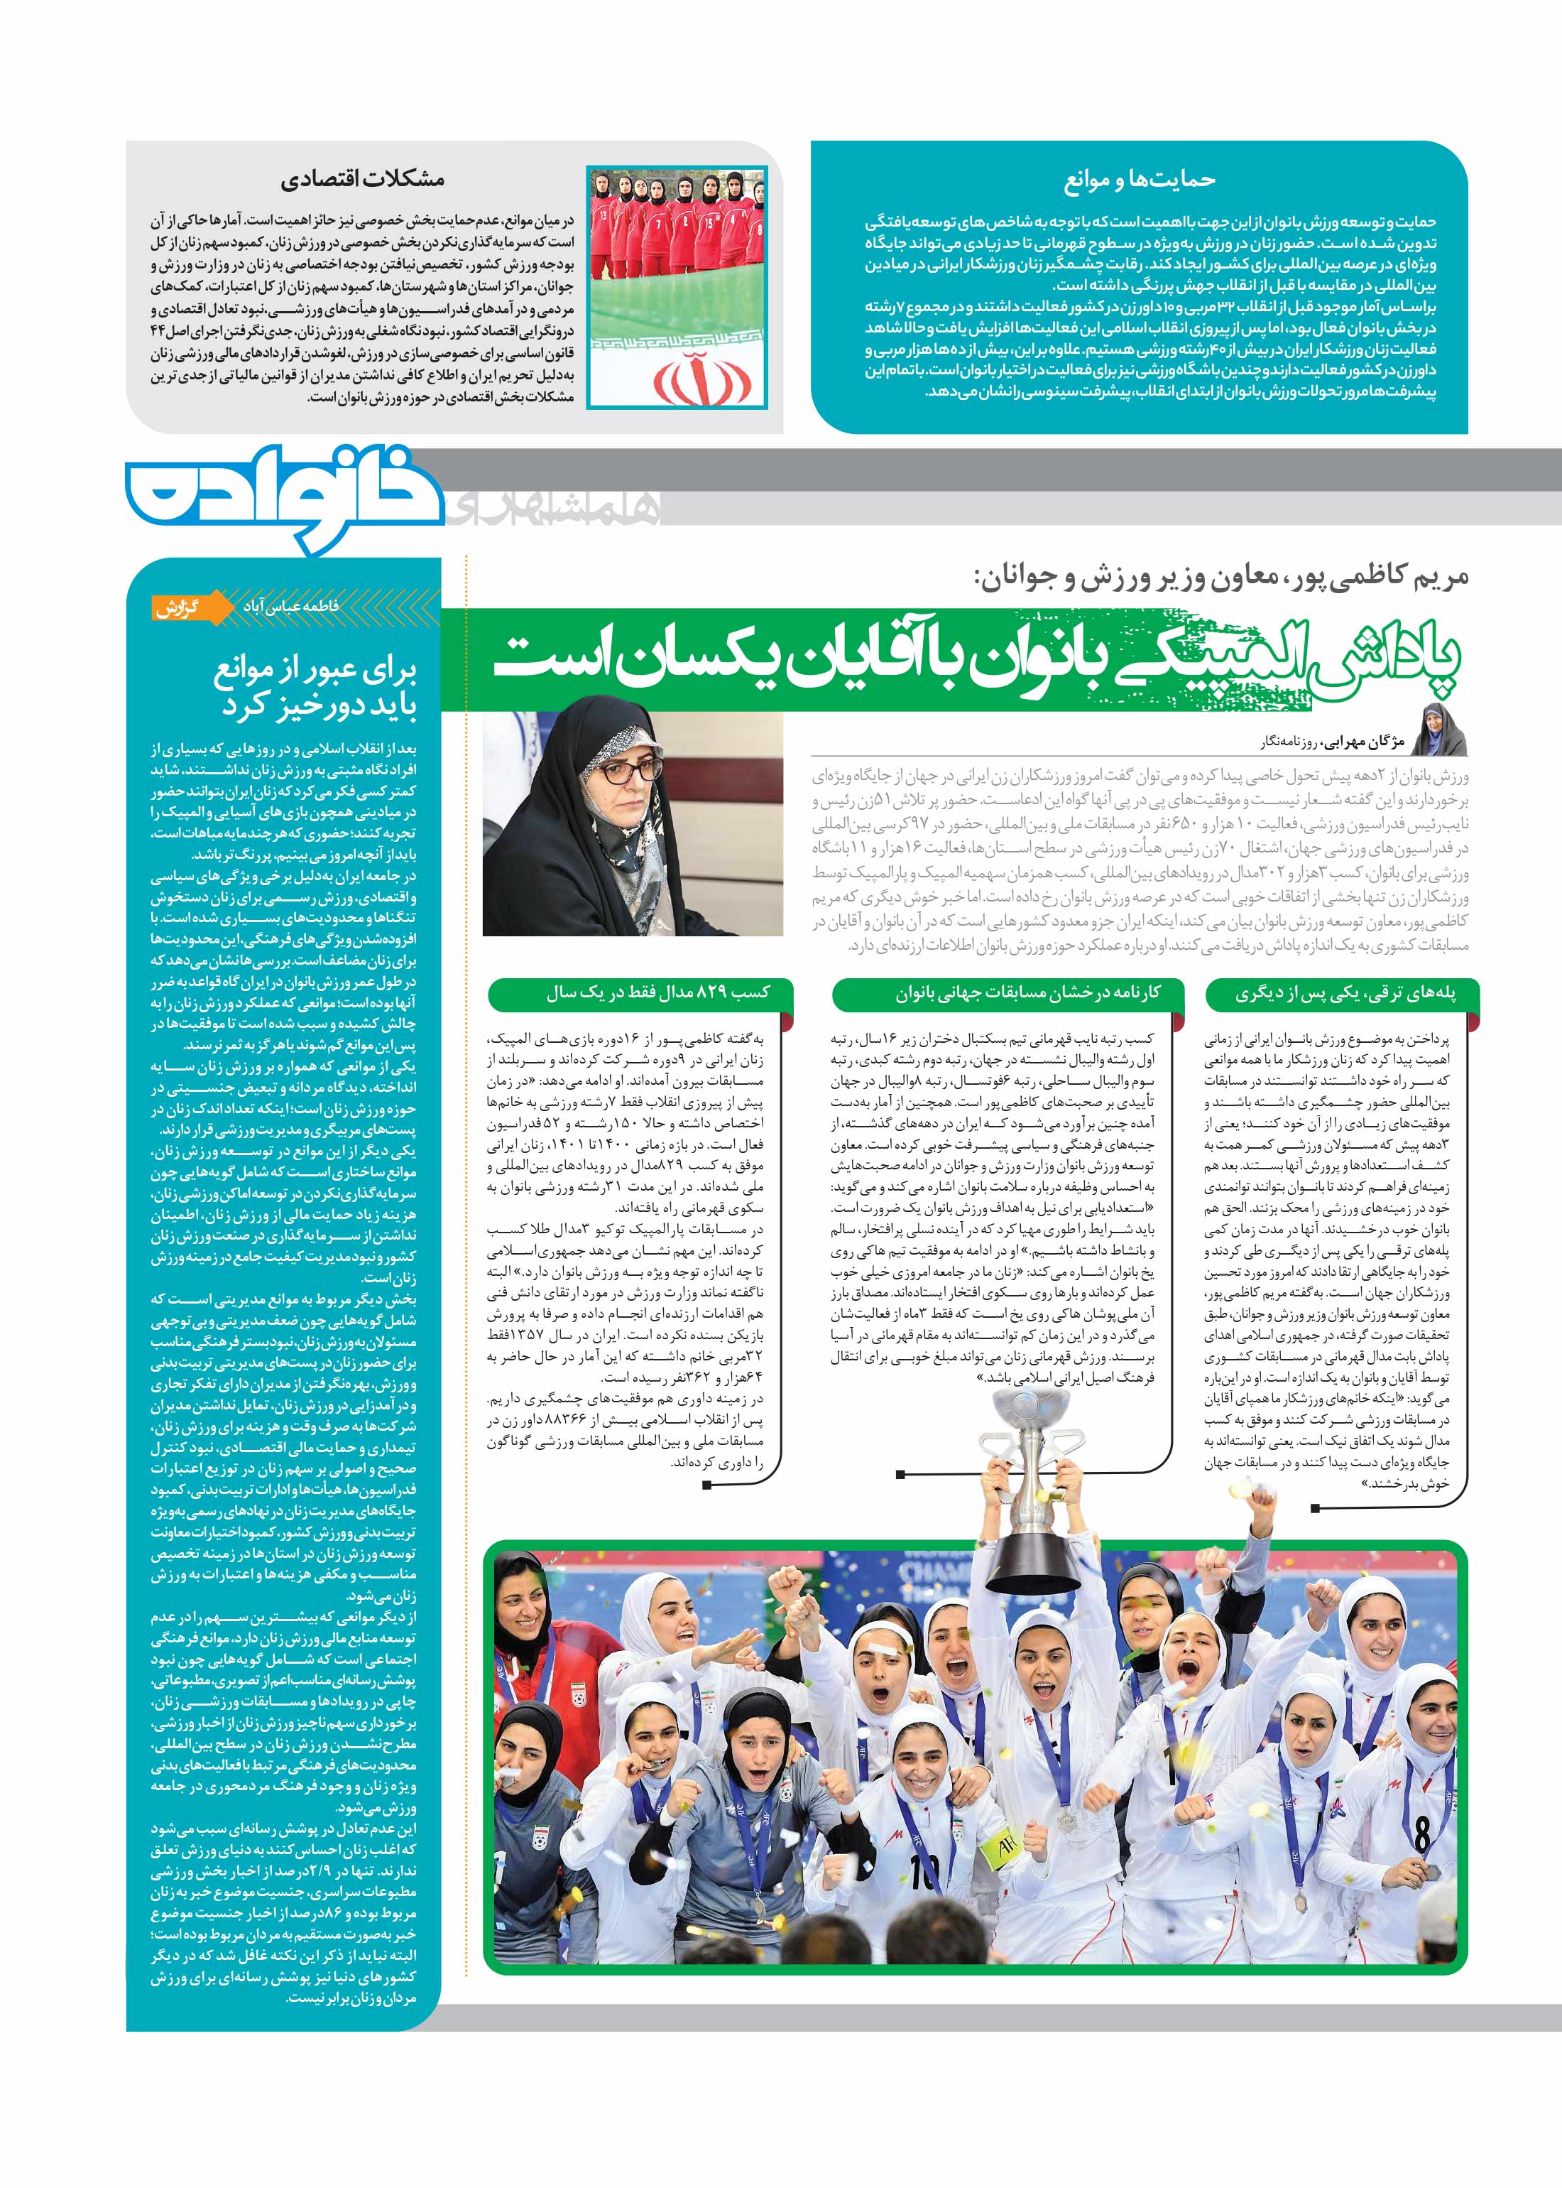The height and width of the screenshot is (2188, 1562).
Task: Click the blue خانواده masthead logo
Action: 284,499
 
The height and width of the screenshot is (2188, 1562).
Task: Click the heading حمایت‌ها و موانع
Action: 1139,180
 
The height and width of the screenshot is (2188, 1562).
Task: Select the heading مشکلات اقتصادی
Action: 363,179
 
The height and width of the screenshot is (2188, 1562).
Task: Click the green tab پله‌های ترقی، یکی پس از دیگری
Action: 1345,994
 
